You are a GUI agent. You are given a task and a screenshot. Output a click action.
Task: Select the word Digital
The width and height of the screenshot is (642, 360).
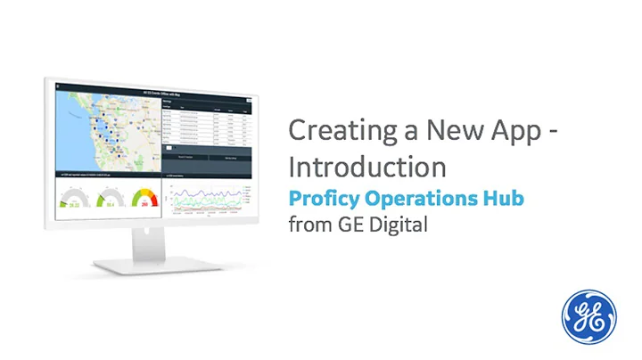(x=398, y=225)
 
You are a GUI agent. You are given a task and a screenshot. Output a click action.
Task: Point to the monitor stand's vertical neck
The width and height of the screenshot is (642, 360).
(x=151, y=239)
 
